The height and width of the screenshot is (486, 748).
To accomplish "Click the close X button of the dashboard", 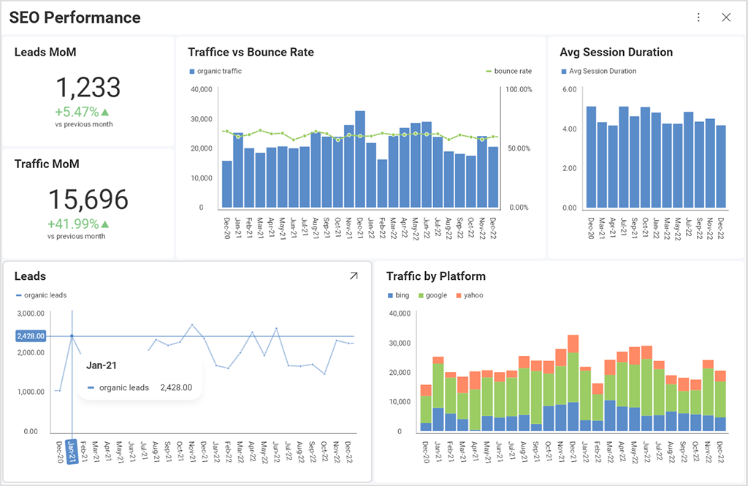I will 725,18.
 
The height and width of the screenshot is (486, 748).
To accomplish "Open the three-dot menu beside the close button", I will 698,18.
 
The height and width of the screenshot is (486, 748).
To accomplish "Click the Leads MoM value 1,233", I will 88,88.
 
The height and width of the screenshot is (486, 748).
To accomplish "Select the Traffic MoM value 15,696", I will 88,200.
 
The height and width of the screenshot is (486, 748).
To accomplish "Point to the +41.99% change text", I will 78,224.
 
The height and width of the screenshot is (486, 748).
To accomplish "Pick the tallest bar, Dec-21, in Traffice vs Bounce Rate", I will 360,159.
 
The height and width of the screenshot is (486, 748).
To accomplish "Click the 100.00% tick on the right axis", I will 519,89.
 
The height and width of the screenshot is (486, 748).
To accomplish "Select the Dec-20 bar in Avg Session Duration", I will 591,157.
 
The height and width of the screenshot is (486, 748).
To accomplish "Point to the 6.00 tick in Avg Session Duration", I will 569,89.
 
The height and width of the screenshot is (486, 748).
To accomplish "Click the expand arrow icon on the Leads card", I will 354,276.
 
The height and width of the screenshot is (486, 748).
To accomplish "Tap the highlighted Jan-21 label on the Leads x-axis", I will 72,452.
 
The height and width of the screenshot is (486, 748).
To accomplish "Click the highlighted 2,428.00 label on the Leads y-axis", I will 31,336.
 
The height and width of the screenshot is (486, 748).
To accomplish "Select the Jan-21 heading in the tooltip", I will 102,365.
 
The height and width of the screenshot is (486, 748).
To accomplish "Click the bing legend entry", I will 399,295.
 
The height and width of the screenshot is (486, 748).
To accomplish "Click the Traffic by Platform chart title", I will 435,276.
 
